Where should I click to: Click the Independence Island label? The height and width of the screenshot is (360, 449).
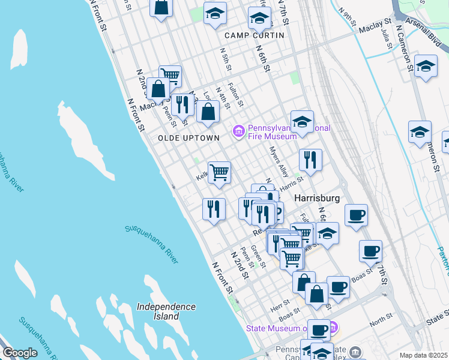[166, 311]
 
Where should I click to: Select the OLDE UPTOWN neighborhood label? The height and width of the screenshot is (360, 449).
[189, 138]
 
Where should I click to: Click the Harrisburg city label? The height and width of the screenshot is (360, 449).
[317, 198]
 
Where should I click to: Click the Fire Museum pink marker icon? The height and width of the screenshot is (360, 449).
[238, 130]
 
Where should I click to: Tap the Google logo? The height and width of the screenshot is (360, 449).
[20, 353]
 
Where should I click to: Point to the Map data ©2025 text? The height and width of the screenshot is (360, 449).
[423, 355]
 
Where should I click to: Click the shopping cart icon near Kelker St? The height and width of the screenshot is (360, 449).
[220, 172]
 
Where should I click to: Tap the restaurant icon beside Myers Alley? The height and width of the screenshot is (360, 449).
[310, 160]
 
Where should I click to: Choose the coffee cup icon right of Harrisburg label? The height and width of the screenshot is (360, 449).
[356, 214]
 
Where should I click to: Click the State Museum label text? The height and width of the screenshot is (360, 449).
[276, 328]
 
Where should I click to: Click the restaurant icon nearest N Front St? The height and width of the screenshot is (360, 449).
[214, 209]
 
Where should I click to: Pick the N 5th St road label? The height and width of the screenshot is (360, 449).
[226, 60]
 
